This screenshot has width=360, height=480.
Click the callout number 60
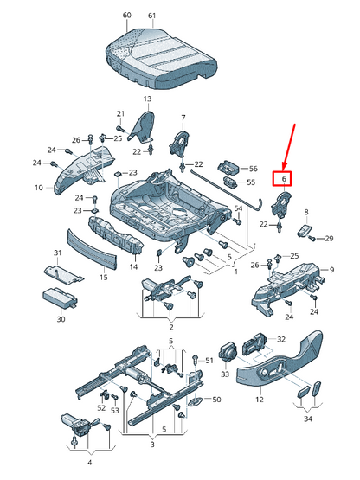(126, 15)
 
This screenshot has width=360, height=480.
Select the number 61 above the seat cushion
(151, 16)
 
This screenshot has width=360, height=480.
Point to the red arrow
(289, 146)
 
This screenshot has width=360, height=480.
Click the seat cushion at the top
(162, 58)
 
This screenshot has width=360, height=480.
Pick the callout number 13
(147, 99)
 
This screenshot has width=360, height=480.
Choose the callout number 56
(254, 169)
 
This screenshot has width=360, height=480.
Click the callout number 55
(251, 182)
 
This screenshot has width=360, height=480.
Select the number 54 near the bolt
(238, 208)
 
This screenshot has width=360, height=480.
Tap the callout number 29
(329, 238)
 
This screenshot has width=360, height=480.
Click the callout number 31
(58, 253)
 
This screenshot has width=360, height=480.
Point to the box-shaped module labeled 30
(60, 298)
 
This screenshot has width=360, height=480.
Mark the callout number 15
(104, 277)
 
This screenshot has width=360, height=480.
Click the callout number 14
(133, 266)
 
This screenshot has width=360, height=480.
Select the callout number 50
(216, 400)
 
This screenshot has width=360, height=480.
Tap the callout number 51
(209, 361)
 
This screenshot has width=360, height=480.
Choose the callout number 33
(225, 374)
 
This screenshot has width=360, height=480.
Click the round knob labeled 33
(228, 352)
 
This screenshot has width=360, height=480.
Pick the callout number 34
(307, 419)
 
